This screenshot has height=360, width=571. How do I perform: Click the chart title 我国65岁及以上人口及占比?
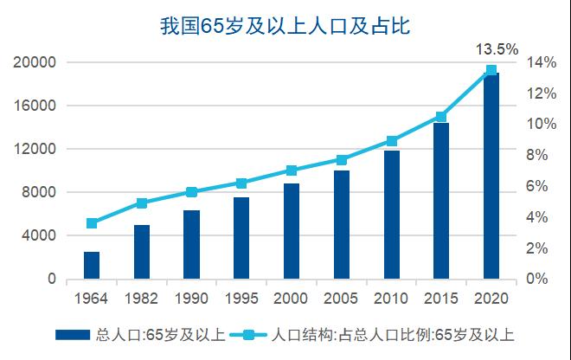click(x=284, y=26)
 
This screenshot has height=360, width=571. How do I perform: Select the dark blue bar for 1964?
click(x=91, y=265)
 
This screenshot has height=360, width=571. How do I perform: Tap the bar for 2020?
click(x=491, y=177)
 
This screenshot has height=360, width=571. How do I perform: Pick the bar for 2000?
click(x=291, y=231)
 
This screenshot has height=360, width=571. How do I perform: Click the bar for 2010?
click(x=391, y=215)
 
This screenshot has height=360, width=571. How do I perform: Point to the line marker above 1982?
click(x=141, y=203)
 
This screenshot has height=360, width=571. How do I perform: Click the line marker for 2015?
click(x=440, y=117)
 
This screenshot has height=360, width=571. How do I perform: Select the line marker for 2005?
click(x=341, y=160)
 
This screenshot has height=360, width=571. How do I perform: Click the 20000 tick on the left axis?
click(x=35, y=62)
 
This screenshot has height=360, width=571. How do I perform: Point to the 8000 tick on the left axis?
click(x=39, y=192)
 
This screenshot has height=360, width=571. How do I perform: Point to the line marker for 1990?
click(x=191, y=192)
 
